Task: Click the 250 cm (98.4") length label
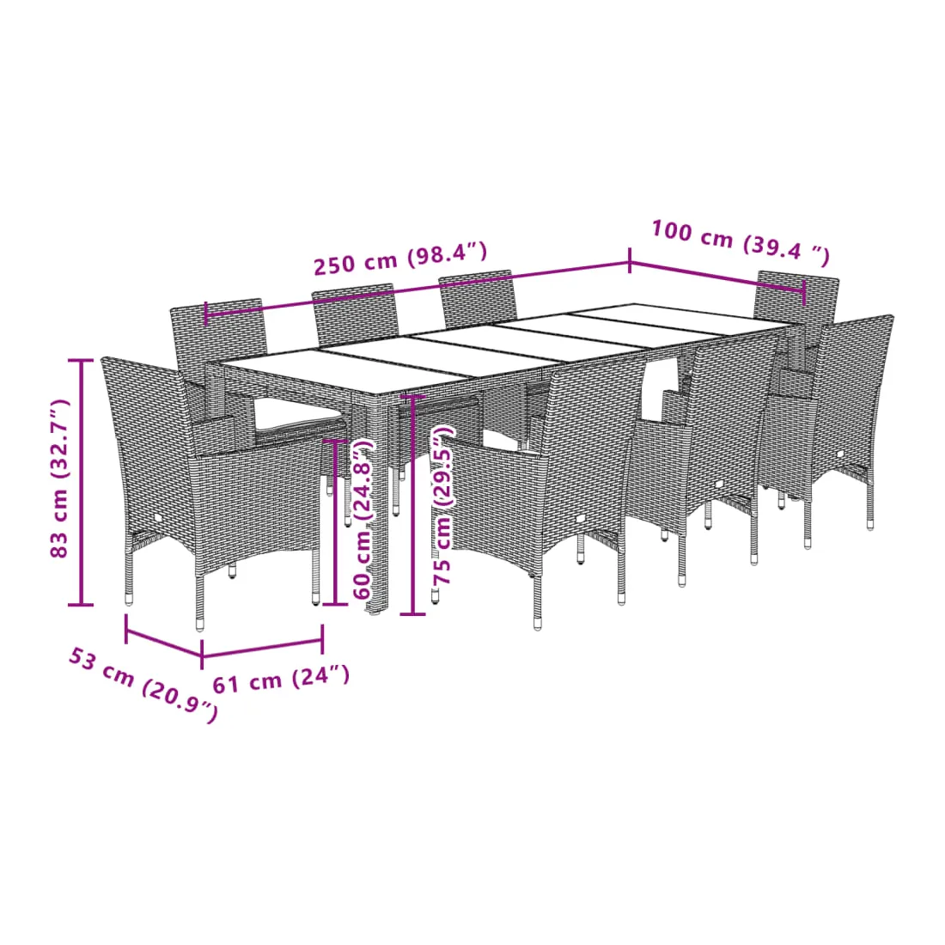pos(400,258)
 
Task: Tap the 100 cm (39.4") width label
pos(741,242)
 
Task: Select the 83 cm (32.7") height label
pos(59,478)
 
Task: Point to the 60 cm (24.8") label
pos(363,518)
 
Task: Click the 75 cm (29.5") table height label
pos(443,505)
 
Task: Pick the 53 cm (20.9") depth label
pos(143,684)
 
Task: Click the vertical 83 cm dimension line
pos(81,482)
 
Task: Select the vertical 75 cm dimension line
pos(413,505)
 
